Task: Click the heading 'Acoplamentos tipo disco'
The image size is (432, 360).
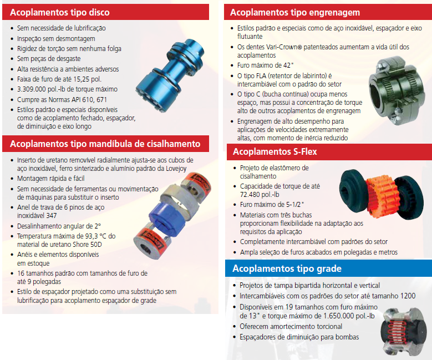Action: click(60, 12)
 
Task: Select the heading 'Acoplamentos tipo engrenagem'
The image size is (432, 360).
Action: click(295, 12)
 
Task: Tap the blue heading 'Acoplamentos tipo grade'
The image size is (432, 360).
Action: click(287, 268)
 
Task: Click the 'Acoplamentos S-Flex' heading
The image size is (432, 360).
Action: click(275, 151)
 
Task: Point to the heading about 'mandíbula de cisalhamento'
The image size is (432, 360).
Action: click(105, 144)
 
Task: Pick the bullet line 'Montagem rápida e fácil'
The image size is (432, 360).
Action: click(50, 179)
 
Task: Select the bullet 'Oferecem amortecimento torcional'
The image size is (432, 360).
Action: click(291, 327)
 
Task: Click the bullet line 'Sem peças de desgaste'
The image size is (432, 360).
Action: click(49, 59)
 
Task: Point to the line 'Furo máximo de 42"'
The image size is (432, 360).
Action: click(266, 65)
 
